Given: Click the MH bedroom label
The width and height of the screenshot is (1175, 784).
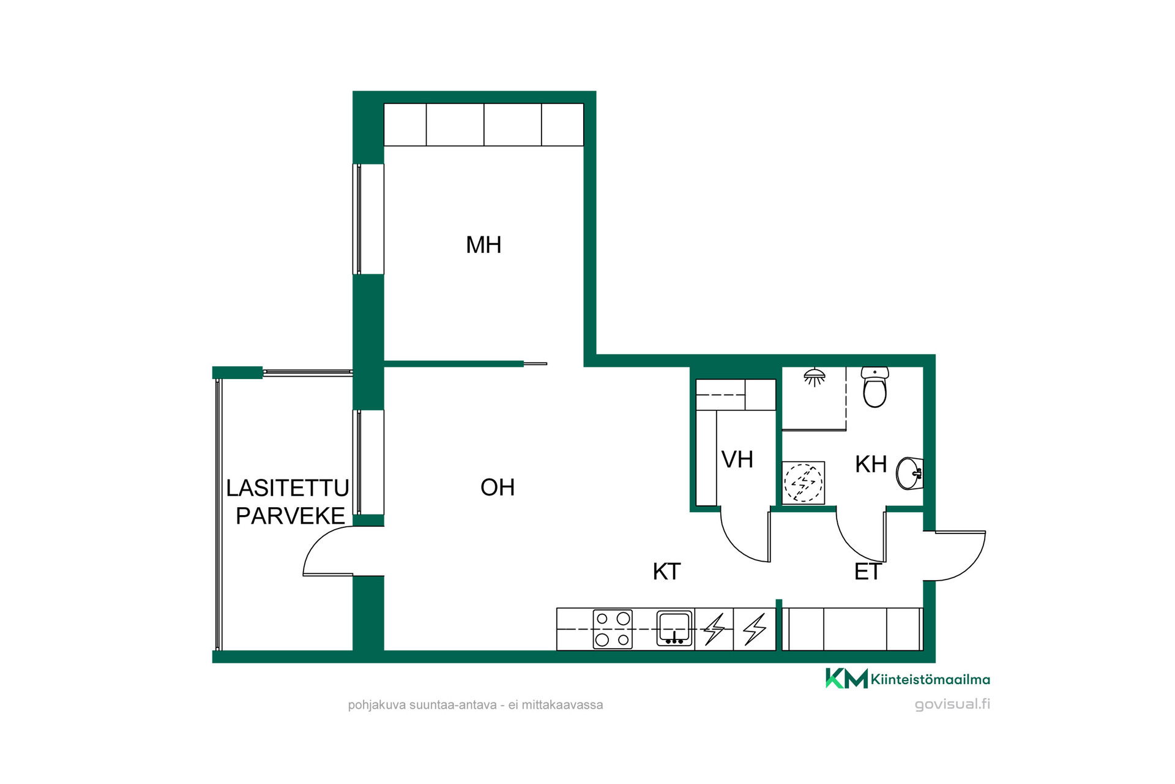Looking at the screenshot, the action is (x=483, y=245).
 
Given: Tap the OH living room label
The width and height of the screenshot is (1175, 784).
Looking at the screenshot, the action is (x=498, y=488).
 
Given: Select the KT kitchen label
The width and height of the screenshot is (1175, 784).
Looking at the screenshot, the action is (x=666, y=571).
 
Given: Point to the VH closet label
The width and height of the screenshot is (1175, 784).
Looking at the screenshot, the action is (x=737, y=459).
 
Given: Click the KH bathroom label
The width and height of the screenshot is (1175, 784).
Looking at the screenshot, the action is (x=871, y=464).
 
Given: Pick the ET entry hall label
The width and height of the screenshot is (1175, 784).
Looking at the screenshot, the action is (x=867, y=571).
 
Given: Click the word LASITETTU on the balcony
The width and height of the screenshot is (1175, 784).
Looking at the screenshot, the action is (x=288, y=488).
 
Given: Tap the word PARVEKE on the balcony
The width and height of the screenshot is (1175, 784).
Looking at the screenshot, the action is (x=291, y=516).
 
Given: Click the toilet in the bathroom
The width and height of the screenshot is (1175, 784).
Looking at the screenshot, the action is (x=875, y=387).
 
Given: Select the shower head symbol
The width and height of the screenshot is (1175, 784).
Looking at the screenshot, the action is (x=814, y=377).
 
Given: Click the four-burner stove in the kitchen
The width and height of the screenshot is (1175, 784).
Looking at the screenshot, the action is (x=613, y=629).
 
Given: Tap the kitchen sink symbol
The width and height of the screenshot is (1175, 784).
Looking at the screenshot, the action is (x=674, y=628).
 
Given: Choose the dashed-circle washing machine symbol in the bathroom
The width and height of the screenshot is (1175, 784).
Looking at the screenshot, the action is (x=804, y=483).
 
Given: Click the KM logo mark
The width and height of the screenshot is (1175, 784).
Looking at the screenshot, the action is (x=846, y=678).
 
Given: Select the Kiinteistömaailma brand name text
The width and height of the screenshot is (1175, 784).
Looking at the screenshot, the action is (x=930, y=679).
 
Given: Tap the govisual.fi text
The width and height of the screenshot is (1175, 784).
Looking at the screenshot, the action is (x=952, y=704).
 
